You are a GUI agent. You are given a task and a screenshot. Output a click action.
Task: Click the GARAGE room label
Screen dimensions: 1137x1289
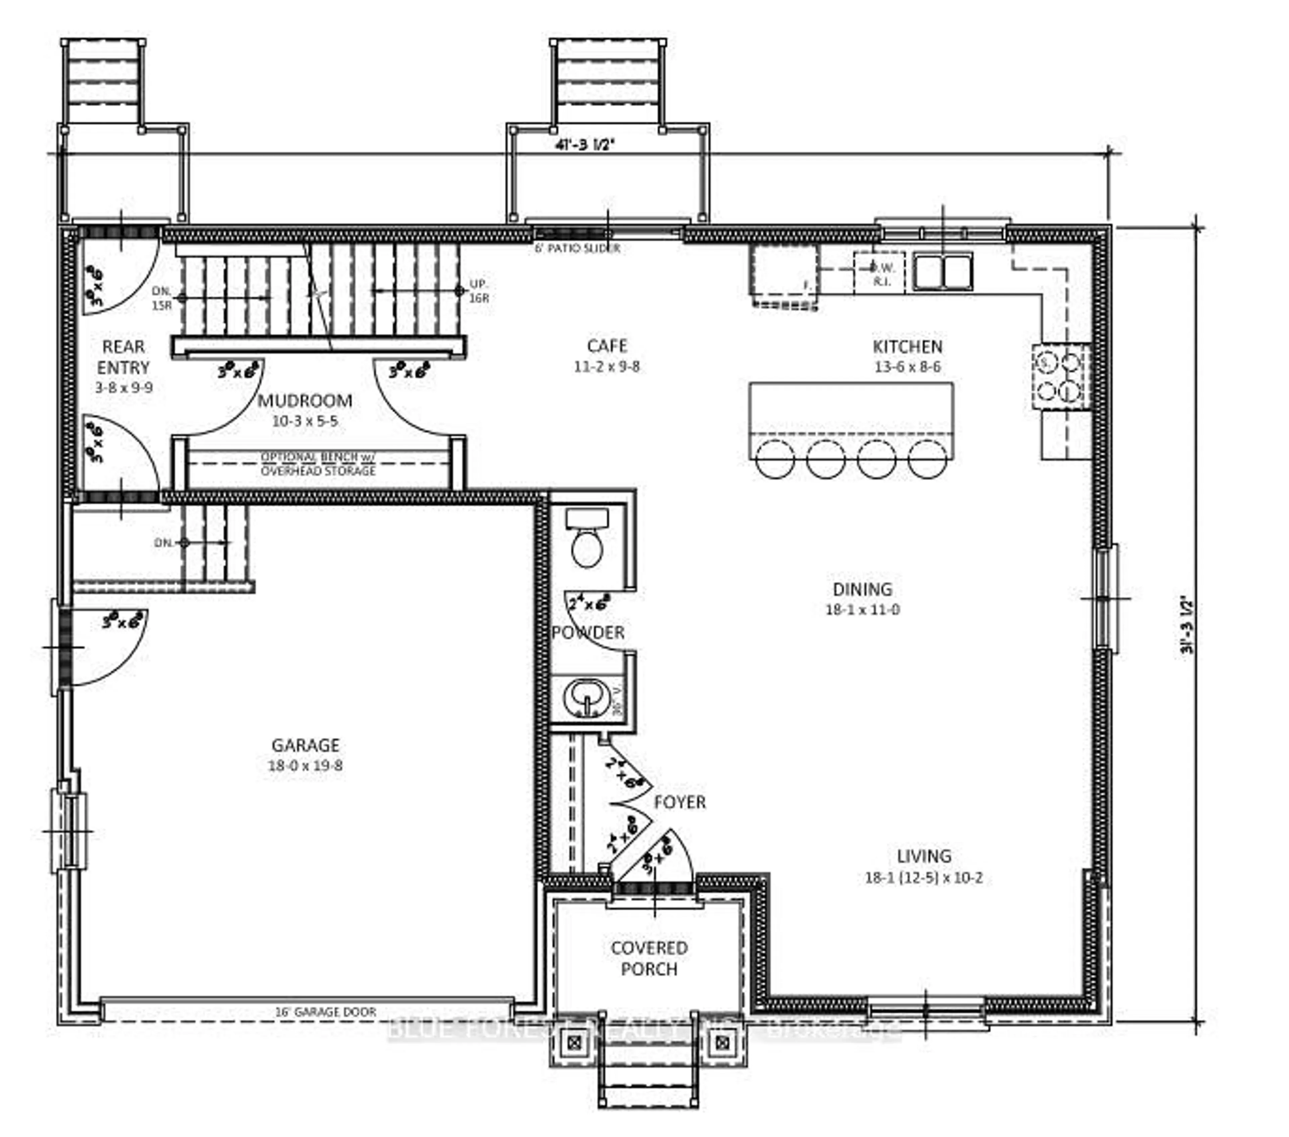tap(305, 745)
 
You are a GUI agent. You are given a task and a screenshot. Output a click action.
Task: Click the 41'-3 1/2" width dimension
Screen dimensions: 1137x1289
tap(584, 144)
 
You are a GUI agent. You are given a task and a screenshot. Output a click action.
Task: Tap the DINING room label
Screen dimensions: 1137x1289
tap(862, 589)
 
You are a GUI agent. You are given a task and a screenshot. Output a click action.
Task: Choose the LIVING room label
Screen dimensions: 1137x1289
tap(924, 856)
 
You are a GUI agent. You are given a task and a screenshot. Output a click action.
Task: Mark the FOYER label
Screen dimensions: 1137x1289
tap(679, 802)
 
